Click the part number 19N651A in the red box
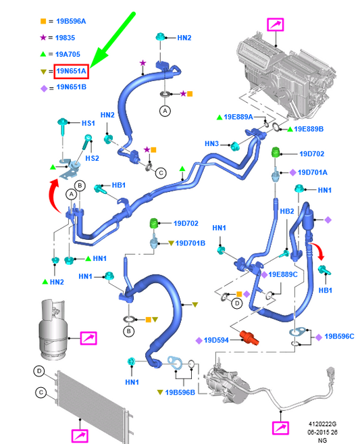click(x=72, y=71)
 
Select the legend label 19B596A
click(x=71, y=21)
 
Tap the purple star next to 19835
click(x=43, y=37)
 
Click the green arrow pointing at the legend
click(x=113, y=40)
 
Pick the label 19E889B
click(x=309, y=129)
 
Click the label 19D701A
click(x=313, y=172)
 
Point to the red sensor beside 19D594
click(x=249, y=338)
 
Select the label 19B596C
click(x=339, y=337)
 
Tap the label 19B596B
click(x=180, y=393)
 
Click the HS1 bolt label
click(x=88, y=123)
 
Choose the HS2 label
click(x=93, y=158)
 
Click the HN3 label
click(x=211, y=144)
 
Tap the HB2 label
click(x=287, y=212)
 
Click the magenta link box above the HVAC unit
click(x=276, y=24)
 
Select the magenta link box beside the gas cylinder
click(x=88, y=339)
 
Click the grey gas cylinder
click(x=52, y=329)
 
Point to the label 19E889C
click(x=283, y=274)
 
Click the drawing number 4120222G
click(x=322, y=424)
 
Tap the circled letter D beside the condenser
click(x=39, y=371)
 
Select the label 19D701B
click(x=190, y=243)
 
